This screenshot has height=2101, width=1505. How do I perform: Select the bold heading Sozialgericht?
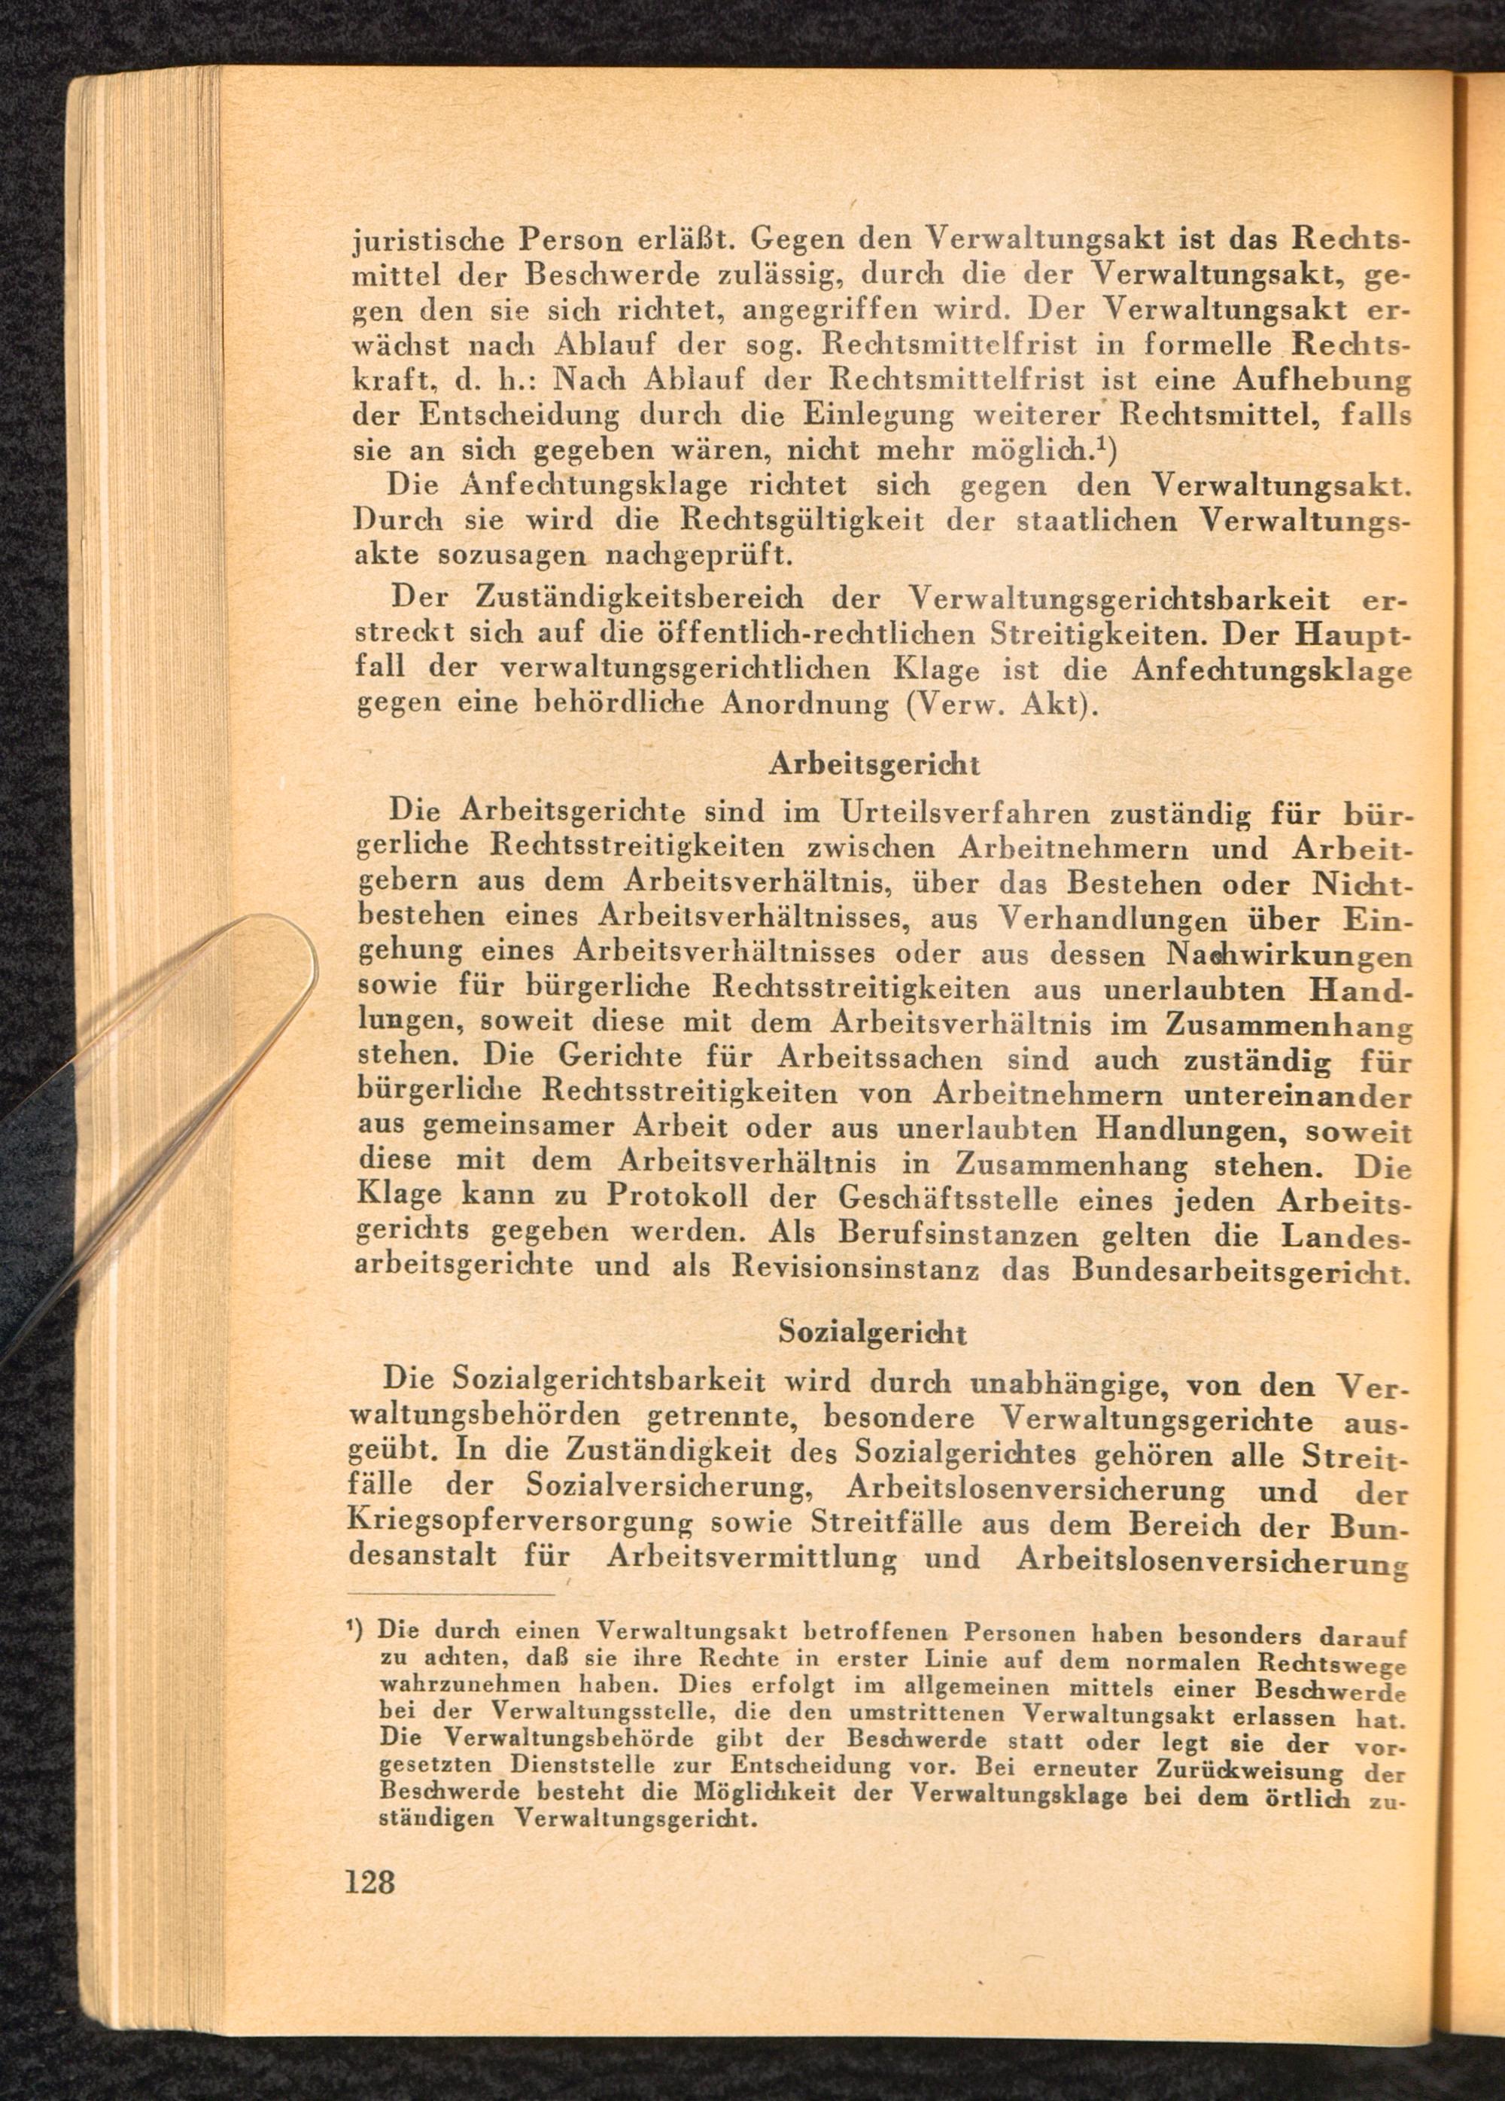pyautogui.click(x=874, y=1332)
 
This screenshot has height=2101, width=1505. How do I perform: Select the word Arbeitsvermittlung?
pyautogui.click(x=751, y=1559)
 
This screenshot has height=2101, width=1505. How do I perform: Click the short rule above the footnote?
pyautogui.click(x=454, y=1594)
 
